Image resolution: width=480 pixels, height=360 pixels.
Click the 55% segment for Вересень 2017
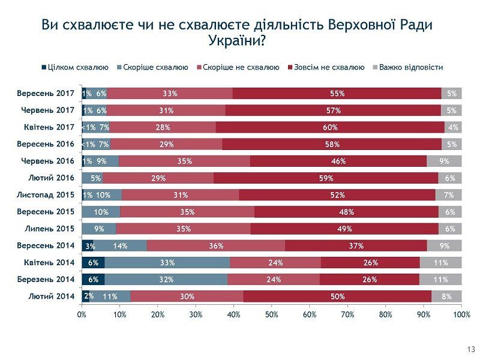[337, 94]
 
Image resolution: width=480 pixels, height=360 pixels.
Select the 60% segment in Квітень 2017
[330, 127]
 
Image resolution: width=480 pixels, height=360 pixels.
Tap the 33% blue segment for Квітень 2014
[167, 262]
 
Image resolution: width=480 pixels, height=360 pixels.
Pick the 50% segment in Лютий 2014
[337, 296]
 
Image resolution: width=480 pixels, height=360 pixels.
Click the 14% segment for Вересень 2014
[121, 245]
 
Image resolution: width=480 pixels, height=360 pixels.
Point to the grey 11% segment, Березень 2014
[440, 279]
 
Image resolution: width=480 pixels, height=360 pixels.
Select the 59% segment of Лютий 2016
[326, 178]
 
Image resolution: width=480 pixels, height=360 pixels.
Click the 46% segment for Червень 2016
[338, 161]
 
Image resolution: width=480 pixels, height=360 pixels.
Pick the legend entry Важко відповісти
[410, 67]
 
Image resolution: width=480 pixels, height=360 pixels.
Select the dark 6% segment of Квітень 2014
[93, 262]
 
